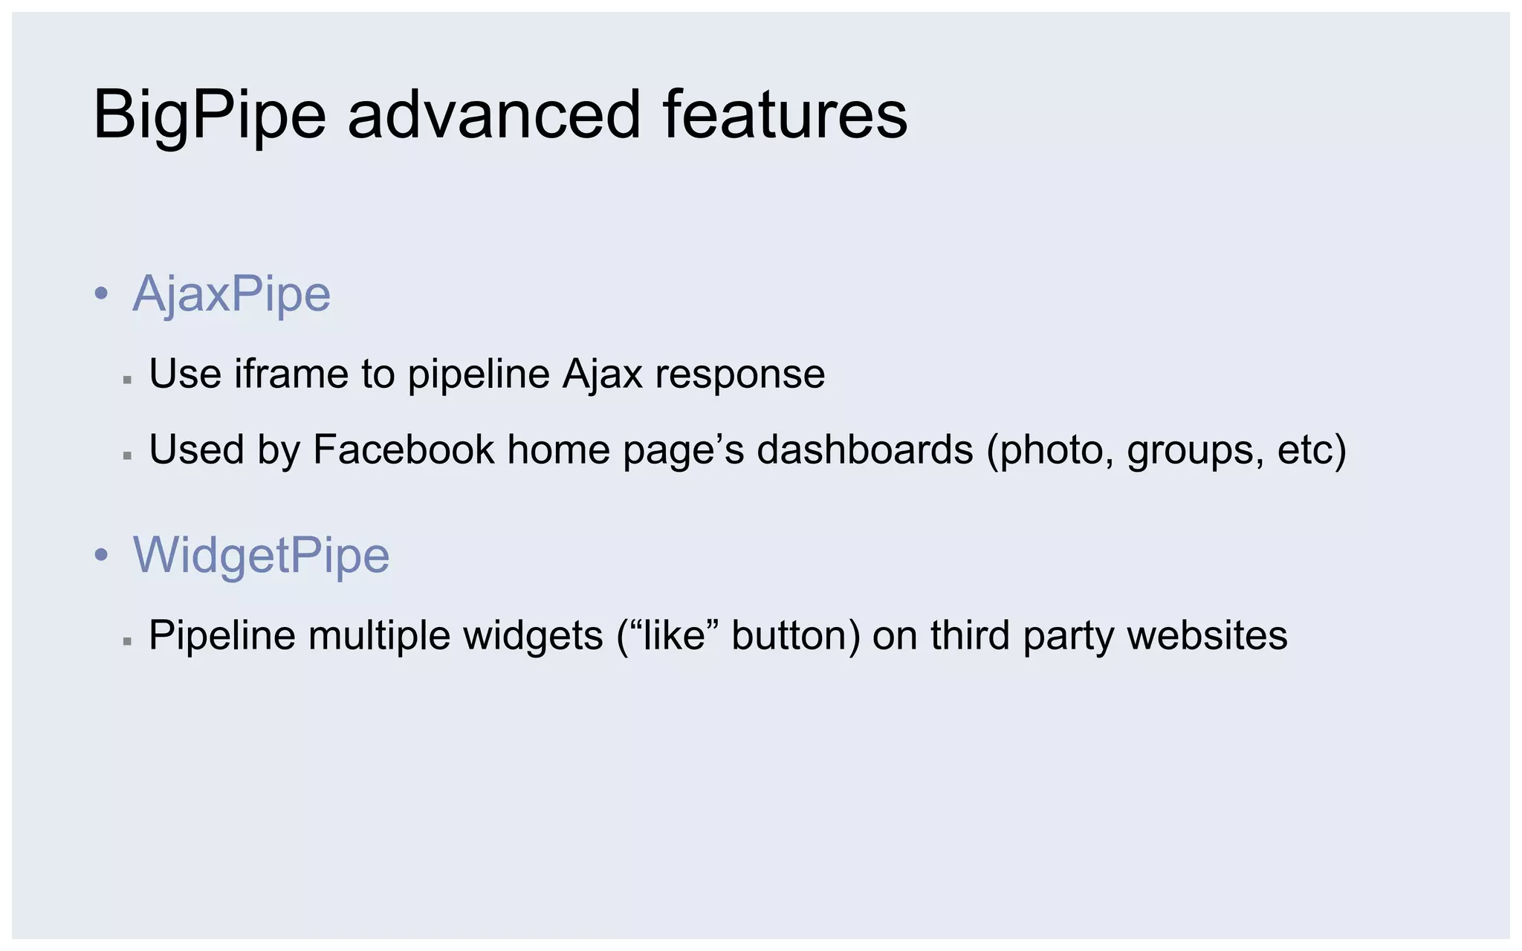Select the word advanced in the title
click(493, 115)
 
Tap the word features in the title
click(785, 115)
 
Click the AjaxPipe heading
click(231, 294)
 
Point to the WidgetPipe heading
click(261, 555)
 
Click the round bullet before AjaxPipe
click(102, 294)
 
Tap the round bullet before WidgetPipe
click(102, 555)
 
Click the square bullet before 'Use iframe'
click(127, 380)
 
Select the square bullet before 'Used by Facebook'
click(127, 455)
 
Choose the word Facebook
click(404, 449)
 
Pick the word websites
click(1207, 635)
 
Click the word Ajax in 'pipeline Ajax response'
click(602, 373)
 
